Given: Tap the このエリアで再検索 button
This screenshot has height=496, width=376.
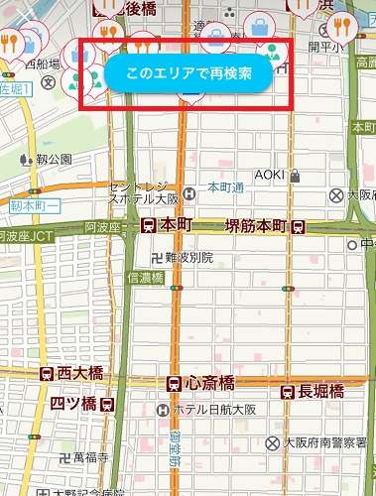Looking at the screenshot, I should coord(189,74).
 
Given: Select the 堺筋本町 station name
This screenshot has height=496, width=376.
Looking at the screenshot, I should coord(257,225).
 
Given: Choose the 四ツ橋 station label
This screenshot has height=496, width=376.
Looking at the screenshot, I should coord(74,404).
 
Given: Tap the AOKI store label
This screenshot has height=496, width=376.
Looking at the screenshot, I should coord(270,176).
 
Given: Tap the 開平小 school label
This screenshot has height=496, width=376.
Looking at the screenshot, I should coord(327,47).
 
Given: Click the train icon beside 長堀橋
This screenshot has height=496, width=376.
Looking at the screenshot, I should coord(290,391).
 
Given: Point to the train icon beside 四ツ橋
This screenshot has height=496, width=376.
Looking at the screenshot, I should coord(106,405).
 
